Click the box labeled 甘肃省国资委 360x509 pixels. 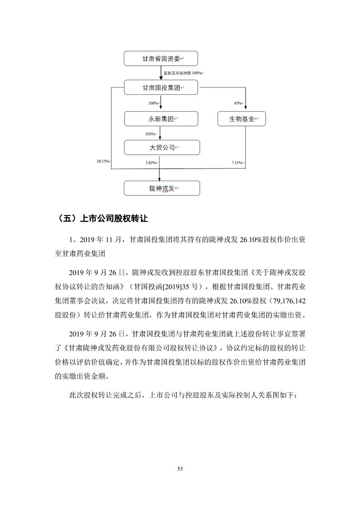[161, 59]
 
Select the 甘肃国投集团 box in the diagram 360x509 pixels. [161, 88]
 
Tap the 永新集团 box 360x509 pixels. [161, 119]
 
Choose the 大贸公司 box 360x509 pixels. [161, 148]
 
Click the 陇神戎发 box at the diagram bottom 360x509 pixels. [161, 188]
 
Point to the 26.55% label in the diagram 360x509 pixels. [103, 161]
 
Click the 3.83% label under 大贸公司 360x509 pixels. [151, 162]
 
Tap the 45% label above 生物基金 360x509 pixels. [237, 103]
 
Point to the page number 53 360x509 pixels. [180, 468]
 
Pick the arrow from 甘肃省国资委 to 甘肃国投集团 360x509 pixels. [161, 73]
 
